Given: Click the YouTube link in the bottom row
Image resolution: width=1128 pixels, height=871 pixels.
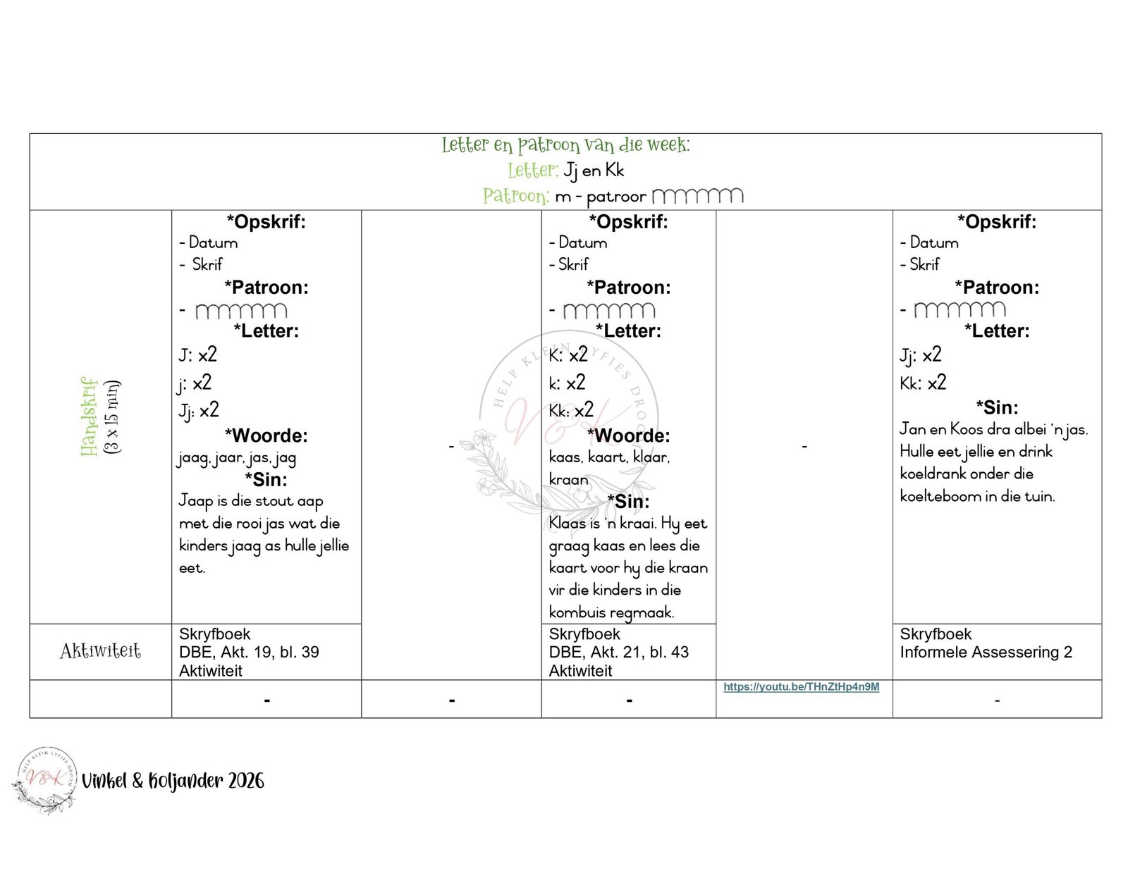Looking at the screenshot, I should [x=801, y=686].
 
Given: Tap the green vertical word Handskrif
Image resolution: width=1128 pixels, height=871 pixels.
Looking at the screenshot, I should [x=89, y=416].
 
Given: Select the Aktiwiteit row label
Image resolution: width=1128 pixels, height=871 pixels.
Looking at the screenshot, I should [x=100, y=650].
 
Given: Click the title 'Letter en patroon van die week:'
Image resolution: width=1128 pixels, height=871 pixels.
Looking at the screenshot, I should [x=565, y=144].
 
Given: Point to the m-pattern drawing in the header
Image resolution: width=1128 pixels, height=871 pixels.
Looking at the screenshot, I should [x=697, y=196].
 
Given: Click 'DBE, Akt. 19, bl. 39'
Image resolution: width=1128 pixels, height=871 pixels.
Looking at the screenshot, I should [x=249, y=652].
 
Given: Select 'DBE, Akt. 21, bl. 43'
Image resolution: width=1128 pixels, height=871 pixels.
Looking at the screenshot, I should [x=618, y=652].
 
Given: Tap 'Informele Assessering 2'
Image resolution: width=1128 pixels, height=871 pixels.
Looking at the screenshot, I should [x=986, y=652].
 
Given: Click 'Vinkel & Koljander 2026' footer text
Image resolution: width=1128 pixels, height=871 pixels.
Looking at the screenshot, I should [x=173, y=780].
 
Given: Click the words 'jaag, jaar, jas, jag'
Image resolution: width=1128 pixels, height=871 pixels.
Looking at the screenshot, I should [x=237, y=458].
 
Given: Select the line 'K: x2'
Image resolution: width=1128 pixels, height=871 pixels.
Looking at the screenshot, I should [x=568, y=354].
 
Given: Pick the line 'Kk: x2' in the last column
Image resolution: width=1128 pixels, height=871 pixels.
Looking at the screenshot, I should [x=922, y=383].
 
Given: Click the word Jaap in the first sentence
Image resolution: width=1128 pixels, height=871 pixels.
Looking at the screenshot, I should [x=195, y=500].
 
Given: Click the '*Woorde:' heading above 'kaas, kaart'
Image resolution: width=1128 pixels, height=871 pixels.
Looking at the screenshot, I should [x=627, y=435].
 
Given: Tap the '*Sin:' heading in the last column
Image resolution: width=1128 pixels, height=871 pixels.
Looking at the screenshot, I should [x=996, y=407].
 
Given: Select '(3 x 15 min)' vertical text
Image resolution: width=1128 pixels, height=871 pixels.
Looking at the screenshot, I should [x=112, y=416].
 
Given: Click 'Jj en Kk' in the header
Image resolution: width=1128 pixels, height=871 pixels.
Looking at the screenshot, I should [x=594, y=171].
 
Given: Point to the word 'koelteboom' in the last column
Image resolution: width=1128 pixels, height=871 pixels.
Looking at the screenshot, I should [x=939, y=496].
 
